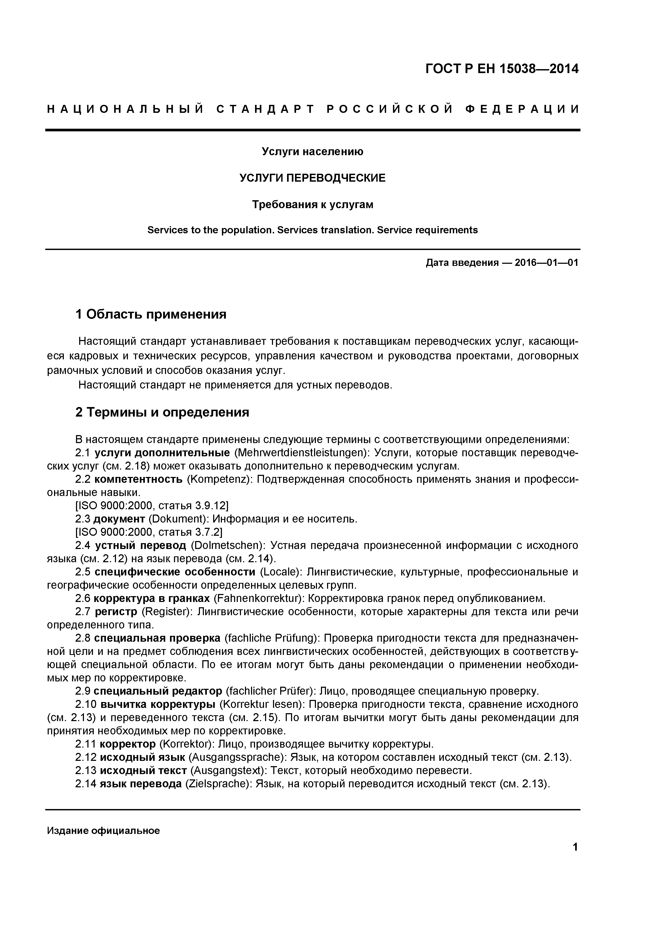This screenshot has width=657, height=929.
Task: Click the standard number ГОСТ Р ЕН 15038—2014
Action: [x=502, y=69]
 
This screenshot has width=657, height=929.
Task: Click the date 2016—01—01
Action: [x=546, y=263]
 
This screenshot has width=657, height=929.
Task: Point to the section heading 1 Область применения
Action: [x=151, y=314]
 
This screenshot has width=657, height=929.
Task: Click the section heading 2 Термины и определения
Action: [x=162, y=412]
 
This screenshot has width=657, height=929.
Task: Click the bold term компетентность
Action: [x=138, y=480]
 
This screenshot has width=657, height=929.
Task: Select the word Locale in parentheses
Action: [x=280, y=572]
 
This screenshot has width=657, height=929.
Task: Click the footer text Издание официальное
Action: [x=104, y=831]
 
